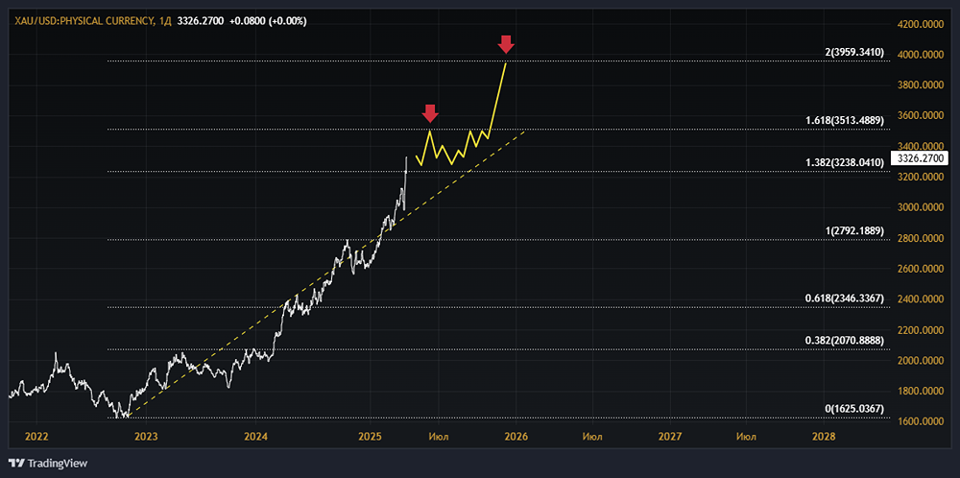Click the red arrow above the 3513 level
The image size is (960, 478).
pyautogui.click(x=430, y=112)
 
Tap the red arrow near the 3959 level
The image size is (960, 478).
pyautogui.click(x=506, y=44)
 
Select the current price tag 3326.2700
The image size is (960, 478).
pyautogui.click(x=919, y=157)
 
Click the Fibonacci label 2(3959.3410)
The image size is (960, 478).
pyautogui.click(x=853, y=53)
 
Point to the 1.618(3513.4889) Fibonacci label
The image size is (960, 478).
pyautogui.click(x=844, y=121)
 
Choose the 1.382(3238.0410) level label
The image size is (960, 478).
pyautogui.click(x=844, y=163)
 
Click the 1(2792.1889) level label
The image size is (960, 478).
pyautogui.click(x=853, y=231)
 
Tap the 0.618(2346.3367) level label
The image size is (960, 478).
pyautogui.click(x=844, y=299)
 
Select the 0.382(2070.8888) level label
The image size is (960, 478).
pyautogui.click(x=844, y=341)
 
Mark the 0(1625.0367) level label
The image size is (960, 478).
pyautogui.click(x=853, y=409)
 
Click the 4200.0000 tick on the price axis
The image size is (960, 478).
pyautogui.click(x=920, y=23)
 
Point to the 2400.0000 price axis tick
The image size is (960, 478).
pyautogui.click(x=920, y=299)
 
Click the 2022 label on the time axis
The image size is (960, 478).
pyautogui.click(x=36, y=436)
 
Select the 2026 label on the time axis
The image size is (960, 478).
pyautogui.click(x=514, y=436)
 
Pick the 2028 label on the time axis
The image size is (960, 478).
pyautogui.click(x=823, y=436)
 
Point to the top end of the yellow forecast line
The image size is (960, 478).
pyautogui.click(x=506, y=61)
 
